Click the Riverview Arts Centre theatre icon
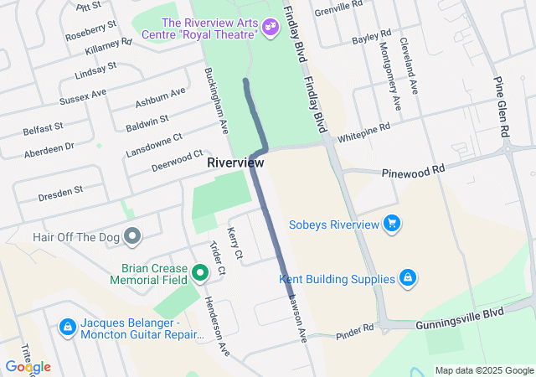(270, 27)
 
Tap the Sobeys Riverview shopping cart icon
(390, 223)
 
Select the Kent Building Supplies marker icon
(407, 278)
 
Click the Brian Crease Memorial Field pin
(200, 272)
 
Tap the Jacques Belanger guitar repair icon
(67, 326)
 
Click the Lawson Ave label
(298, 318)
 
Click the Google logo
(27, 367)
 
